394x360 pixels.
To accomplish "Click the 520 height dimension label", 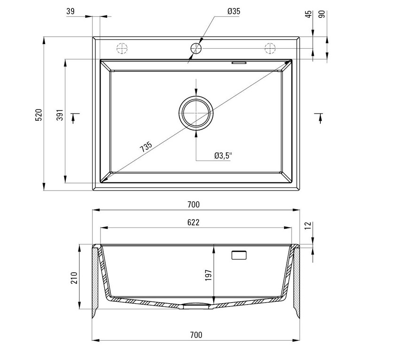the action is (x=39, y=115).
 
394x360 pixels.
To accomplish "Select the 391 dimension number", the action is (x=60, y=115).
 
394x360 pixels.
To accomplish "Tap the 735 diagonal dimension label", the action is (x=146, y=147).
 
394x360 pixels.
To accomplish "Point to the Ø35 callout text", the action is (x=234, y=11).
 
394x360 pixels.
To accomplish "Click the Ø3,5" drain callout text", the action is (x=223, y=156).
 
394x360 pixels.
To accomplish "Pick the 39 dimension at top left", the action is (x=70, y=11).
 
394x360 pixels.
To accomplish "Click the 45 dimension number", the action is (x=309, y=14).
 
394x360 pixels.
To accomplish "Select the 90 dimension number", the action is (x=322, y=14).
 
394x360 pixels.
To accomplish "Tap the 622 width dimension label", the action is (x=193, y=222).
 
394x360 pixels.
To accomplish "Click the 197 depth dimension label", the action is (x=209, y=276).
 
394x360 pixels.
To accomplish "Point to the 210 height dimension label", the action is (x=74, y=277).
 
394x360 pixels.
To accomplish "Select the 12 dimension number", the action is (x=309, y=225).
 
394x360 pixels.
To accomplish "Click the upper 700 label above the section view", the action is (x=193, y=205).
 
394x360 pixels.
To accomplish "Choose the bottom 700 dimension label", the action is (x=196, y=335).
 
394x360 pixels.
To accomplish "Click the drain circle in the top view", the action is (x=196, y=96).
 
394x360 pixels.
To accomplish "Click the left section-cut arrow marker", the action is (x=74, y=118).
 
